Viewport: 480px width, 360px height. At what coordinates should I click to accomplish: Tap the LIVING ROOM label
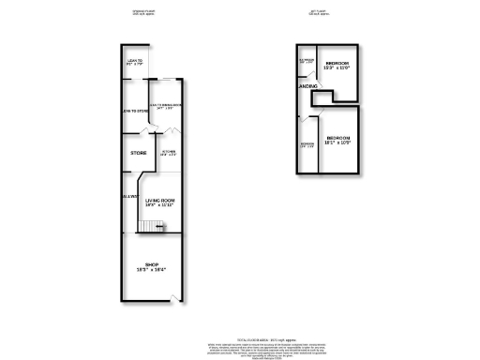tap(160, 201)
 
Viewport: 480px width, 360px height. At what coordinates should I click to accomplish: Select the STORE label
tap(138, 152)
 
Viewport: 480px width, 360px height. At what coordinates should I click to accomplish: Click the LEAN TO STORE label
tap(136, 112)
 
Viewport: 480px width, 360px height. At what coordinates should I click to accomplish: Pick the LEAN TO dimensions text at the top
tap(134, 65)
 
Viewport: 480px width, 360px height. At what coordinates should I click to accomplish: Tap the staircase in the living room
tap(152, 226)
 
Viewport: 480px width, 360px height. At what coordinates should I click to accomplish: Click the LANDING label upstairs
tap(307, 86)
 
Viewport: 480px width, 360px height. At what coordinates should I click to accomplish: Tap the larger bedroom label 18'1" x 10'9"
tap(338, 142)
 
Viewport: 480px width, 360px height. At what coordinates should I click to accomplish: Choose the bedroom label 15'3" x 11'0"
tap(337, 67)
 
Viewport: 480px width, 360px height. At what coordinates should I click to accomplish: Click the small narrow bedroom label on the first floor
tap(306, 145)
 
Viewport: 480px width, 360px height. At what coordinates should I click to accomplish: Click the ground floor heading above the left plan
tap(141, 12)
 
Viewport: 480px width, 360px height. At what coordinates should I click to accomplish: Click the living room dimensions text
tap(160, 206)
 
